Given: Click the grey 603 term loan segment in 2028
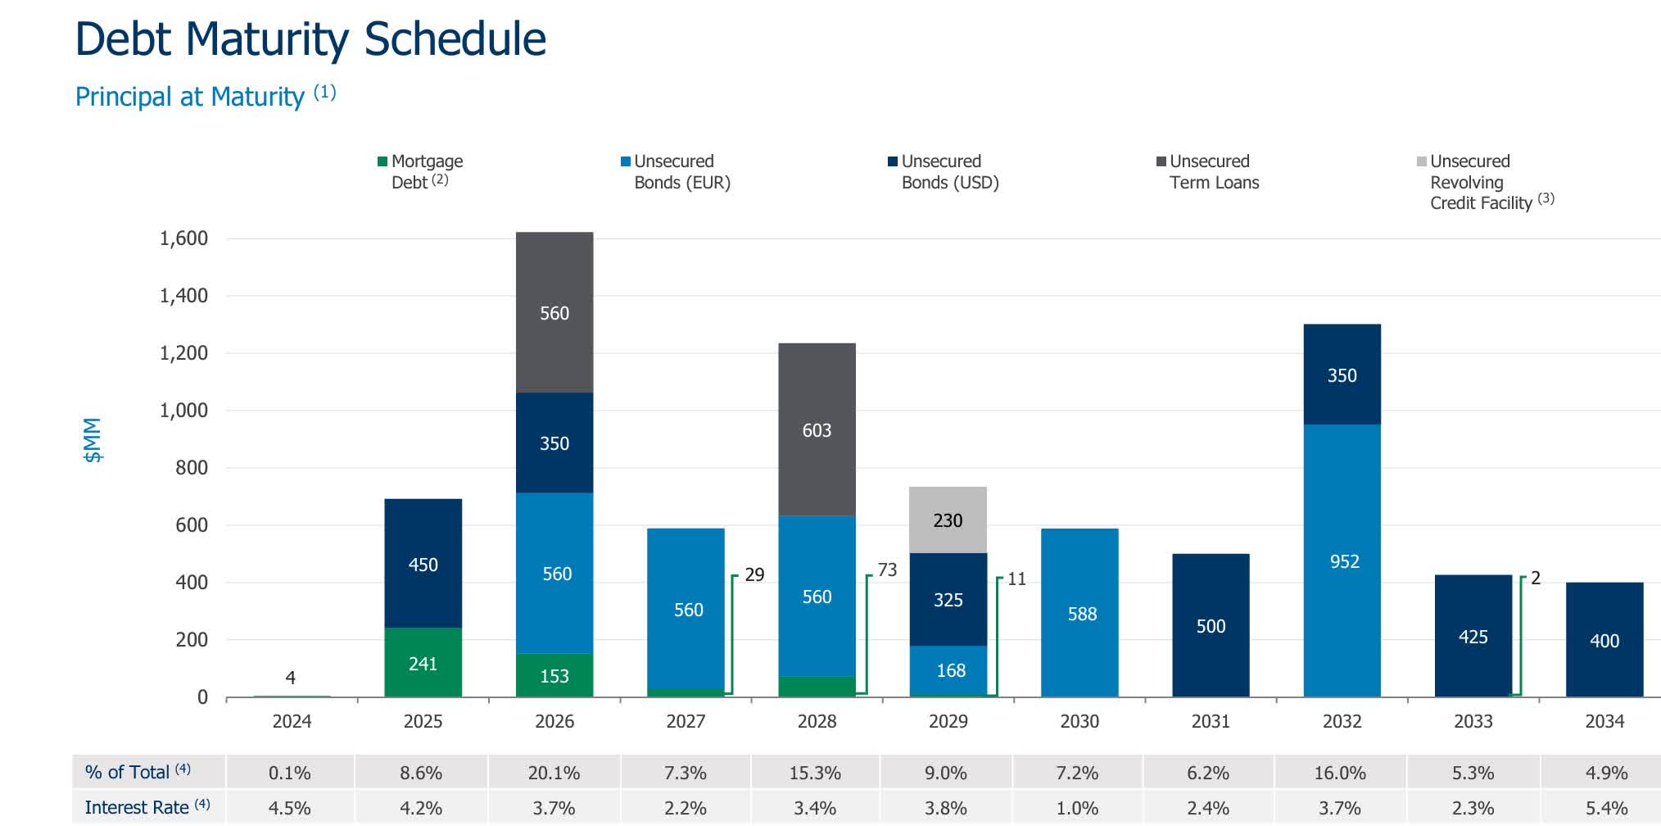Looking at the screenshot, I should click(817, 429).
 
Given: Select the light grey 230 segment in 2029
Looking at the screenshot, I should click(948, 520).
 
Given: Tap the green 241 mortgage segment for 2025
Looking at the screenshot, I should click(423, 663).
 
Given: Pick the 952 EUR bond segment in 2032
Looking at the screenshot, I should click(1342, 560).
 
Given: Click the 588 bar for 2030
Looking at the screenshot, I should click(1079, 613).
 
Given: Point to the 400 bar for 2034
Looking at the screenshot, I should click(1604, 640).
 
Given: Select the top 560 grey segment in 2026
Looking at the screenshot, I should click(554, 312).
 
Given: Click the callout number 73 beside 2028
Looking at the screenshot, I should click(887, 570).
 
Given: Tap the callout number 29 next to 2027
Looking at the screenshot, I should click(754, 574).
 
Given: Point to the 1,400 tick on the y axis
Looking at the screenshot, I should click(183, 295).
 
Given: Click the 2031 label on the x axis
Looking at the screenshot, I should click(1211, 721).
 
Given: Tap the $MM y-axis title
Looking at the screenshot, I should click(93, 440).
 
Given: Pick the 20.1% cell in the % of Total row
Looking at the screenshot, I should click(554, 773).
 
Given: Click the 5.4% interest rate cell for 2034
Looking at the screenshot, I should click(1605, 808).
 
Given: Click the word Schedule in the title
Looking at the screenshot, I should click(455, 39).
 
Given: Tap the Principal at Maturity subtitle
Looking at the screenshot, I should click(190, 97).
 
